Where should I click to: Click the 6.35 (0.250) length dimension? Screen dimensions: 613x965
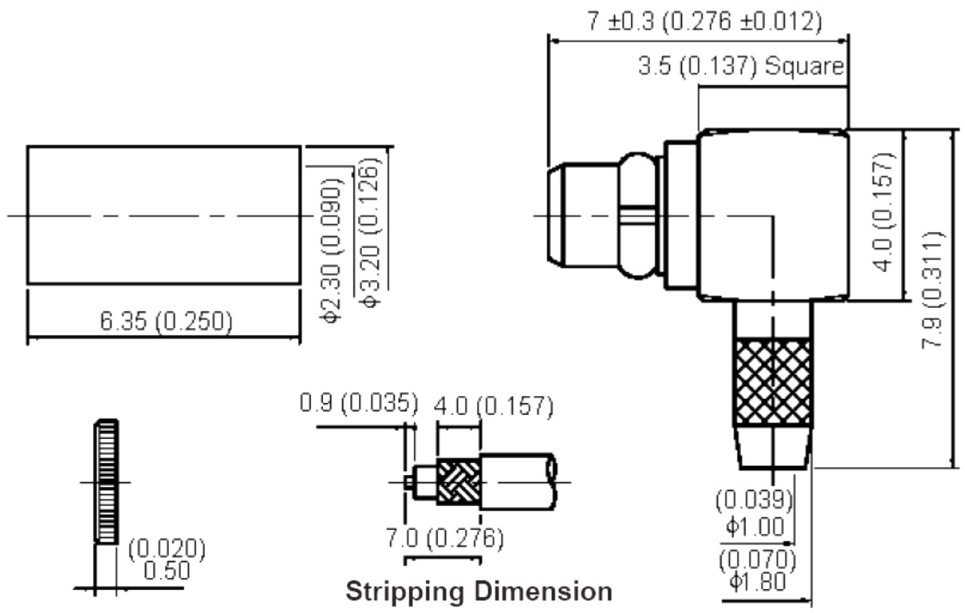tap(166, 322)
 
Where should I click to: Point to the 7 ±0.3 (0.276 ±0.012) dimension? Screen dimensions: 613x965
tap(704, 22)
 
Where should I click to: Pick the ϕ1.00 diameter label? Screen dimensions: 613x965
tap(756, 526)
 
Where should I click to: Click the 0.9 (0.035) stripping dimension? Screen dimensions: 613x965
tap(358, 402)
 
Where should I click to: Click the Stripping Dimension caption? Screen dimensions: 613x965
tap(479, 591)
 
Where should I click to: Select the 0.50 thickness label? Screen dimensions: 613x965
tap(167, 571)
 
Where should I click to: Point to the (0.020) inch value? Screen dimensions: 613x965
tap(167, 549)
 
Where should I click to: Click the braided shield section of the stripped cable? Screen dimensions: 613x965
tap(458, 483)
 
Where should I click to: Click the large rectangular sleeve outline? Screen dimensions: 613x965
tap(163, 215)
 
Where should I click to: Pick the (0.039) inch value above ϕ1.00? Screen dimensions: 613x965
tap(754, 501)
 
